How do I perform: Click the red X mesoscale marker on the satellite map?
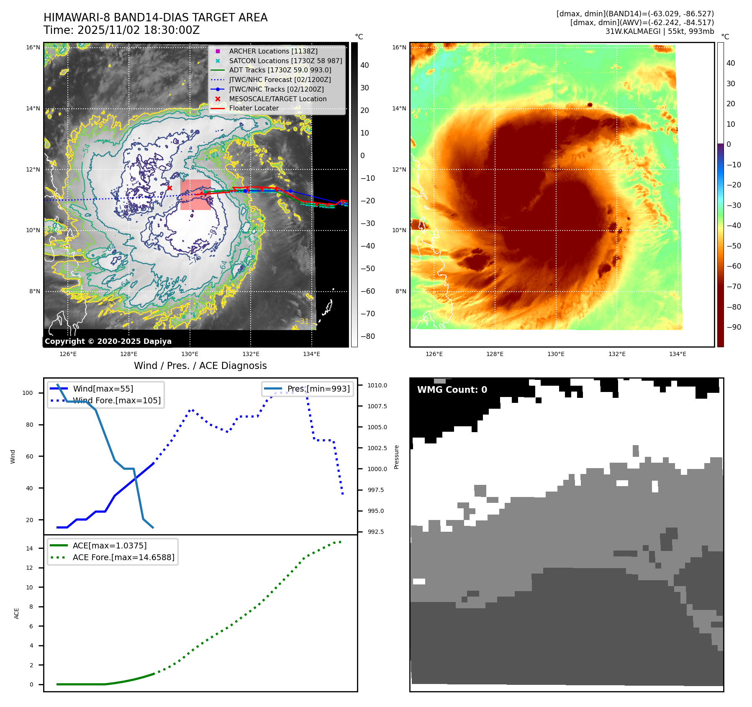(169, 188)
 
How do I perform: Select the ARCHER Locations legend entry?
(273, 51)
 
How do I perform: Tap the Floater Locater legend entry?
(254, 108)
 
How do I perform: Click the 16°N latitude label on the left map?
(33, 47)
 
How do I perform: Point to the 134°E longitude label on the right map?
(678, 354)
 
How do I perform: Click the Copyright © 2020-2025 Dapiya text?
(108, 341)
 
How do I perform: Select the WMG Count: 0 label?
(452, 390)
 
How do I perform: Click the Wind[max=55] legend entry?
(103, 389)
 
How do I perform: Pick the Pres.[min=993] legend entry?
(318, 389)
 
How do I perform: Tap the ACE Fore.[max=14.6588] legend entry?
(123, 557)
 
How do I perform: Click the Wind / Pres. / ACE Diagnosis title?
(200, 366)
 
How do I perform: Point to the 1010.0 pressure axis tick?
(377, 385)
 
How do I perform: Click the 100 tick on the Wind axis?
(28, 393)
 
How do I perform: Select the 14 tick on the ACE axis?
(29, 548)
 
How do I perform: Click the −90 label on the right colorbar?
(734, 327)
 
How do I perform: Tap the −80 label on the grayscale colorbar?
(368, 336)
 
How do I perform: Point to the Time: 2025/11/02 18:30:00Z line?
(121, 30)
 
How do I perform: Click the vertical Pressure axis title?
(396, 457)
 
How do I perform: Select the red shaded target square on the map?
(195, 195)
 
